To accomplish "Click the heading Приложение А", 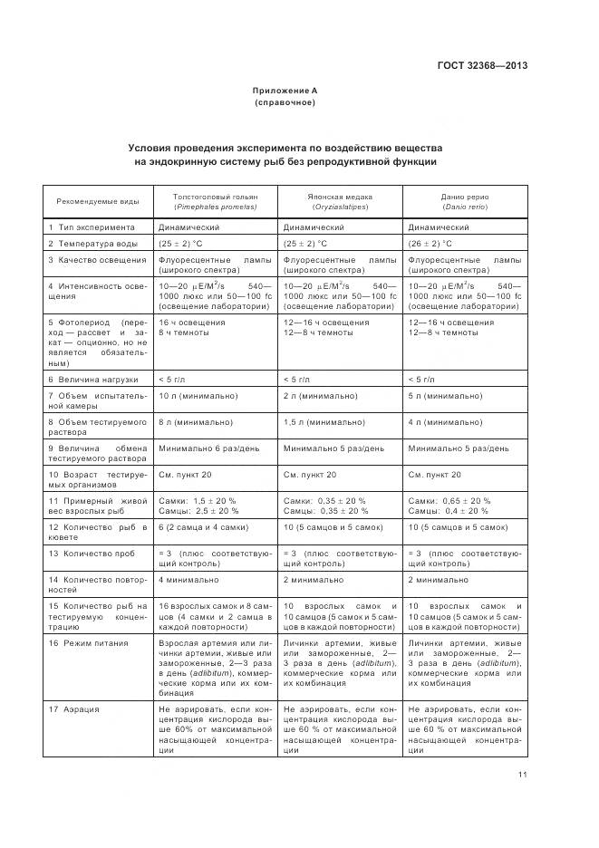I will (285, 91).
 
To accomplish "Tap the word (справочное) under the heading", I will (285, 102).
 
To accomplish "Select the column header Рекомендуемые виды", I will (98, 201).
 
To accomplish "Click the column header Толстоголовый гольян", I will (216, 201).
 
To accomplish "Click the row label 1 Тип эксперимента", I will (92, 227).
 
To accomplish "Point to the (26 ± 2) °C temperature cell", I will (430, 244).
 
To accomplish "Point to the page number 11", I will (523, 774).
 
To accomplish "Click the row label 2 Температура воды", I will (94, 244).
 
